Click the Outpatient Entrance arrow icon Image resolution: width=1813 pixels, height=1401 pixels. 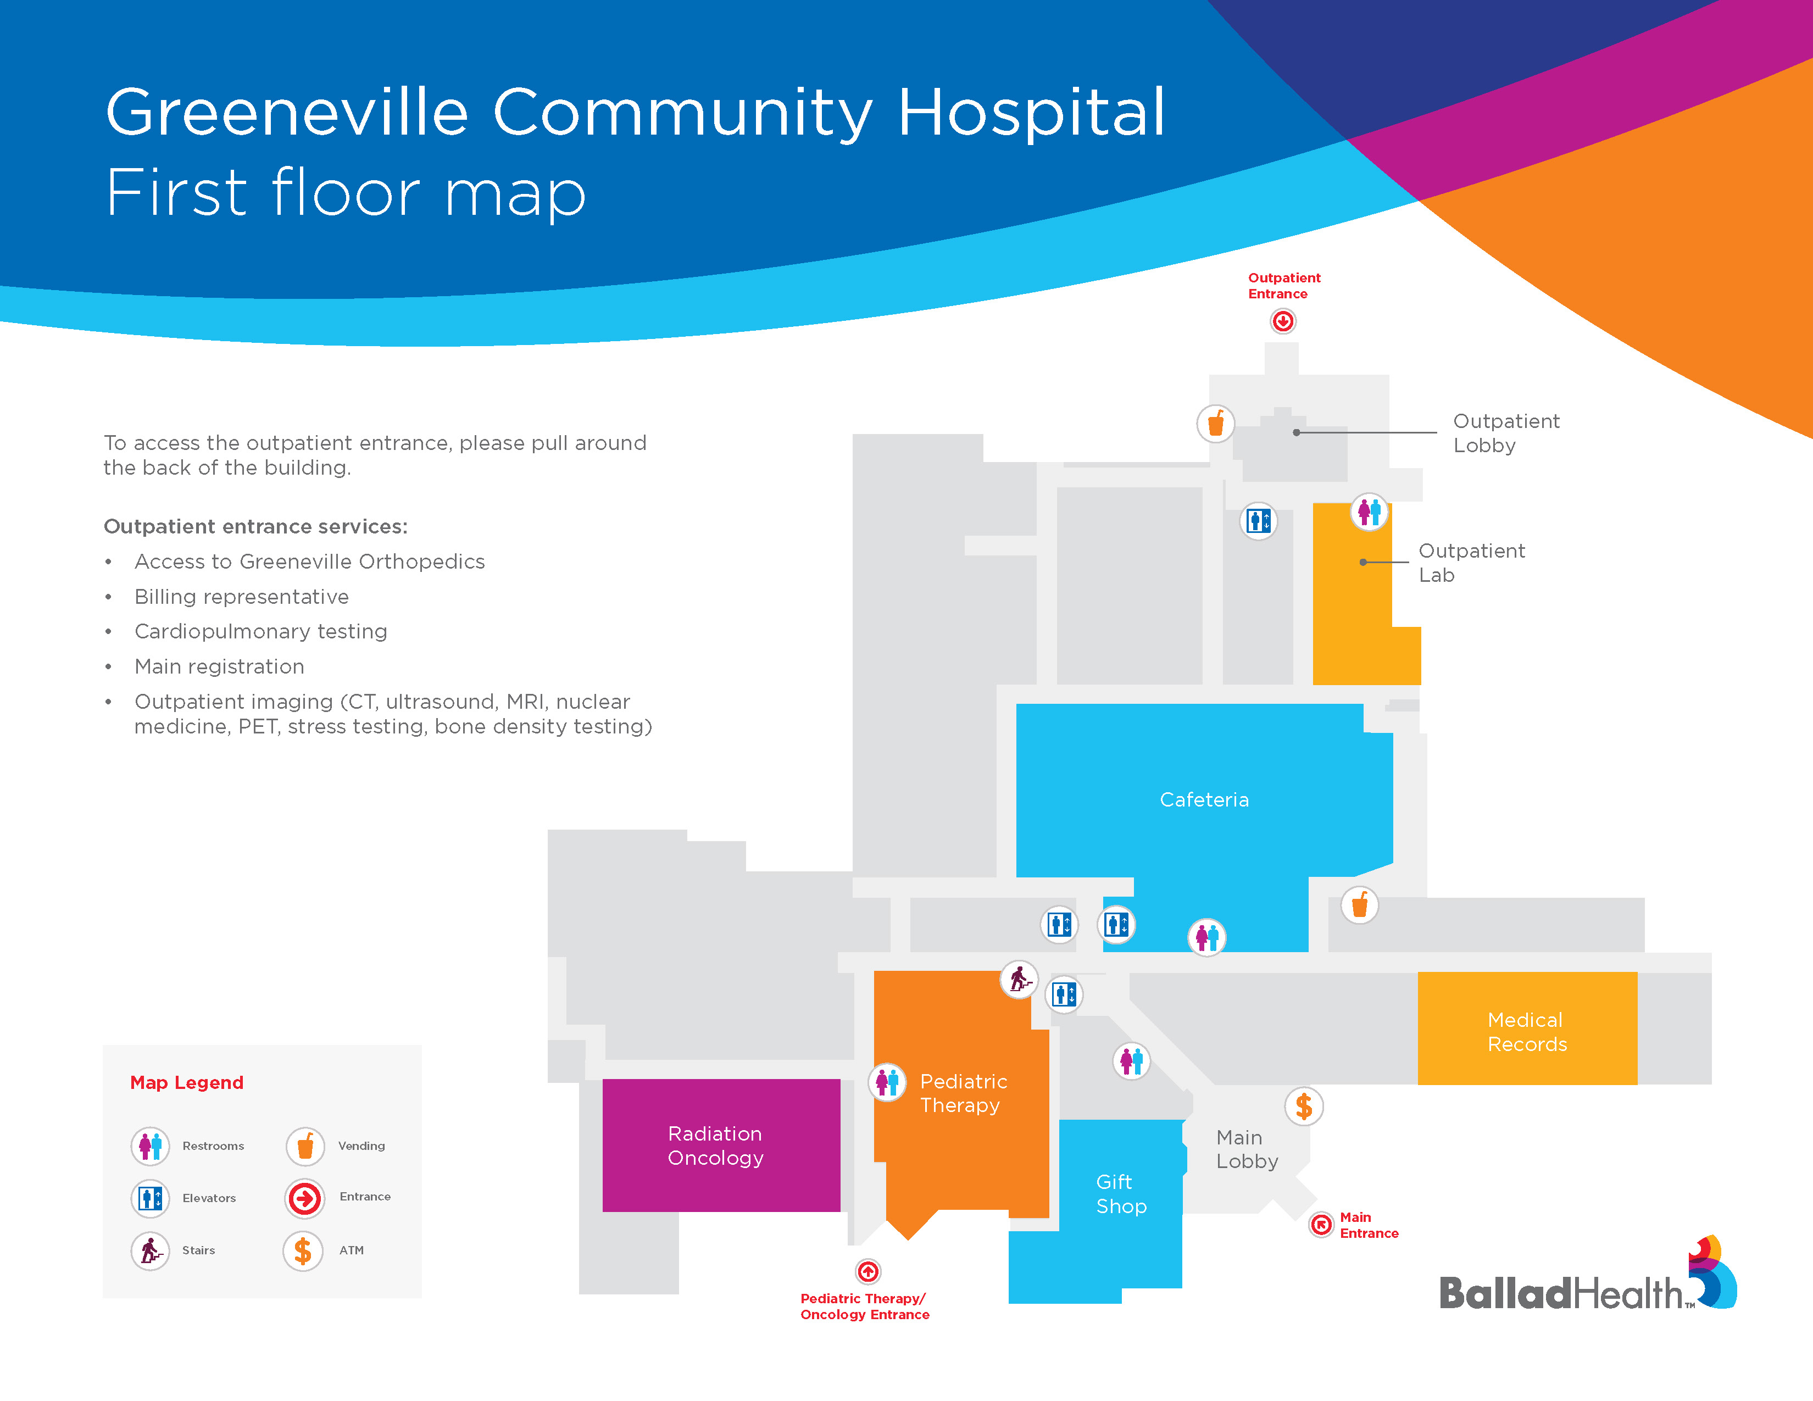tap(1282, 321)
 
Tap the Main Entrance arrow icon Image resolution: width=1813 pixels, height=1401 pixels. tap(1321, 1224)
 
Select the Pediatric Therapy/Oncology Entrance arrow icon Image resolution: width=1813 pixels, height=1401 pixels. tap(868, 1271)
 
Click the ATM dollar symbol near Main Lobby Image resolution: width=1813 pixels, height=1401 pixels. tap(1303, 1105)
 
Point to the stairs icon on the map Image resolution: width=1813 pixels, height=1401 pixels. tap(1019, 980)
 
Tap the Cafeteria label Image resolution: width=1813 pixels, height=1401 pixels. tap(1204, 800)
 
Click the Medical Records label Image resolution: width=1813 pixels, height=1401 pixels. tap(1527, 1032)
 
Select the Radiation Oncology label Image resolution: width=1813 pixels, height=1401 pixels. tap(715, 1146)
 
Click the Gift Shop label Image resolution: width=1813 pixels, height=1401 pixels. tap(1121, 1193)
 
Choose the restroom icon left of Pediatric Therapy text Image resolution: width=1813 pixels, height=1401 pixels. tap(887, 1081)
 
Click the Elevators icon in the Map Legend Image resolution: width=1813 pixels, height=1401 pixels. tap(150, 1198)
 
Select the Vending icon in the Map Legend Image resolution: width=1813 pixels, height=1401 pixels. tap(305, 1146)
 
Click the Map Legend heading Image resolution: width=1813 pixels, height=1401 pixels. tap(187, 1082)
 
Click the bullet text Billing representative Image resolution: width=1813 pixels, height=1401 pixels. tap(242, 597)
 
